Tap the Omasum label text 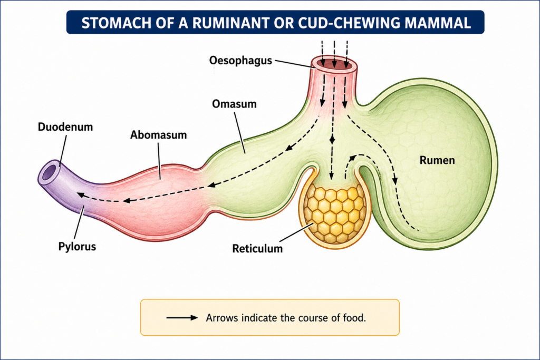click(x=234, y=104)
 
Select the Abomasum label click(x=158, y=135)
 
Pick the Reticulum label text click(x=257, y=248)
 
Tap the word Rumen click(x=437, y=160)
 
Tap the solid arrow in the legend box click(x=182, y=318)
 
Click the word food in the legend click(x=354, y=318)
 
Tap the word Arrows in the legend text click(x=221, y=318)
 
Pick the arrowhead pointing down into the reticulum click(x=331, y=177)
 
